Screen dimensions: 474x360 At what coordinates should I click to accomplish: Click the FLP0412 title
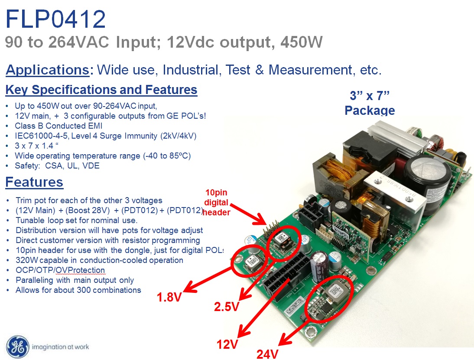coord(55,19)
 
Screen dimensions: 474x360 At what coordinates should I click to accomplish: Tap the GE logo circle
coord(18,347)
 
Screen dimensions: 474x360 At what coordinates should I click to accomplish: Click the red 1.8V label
coord(169,297)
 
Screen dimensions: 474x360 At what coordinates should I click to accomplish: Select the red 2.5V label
coord(227,307)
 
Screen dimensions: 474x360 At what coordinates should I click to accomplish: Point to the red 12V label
coord(227,344)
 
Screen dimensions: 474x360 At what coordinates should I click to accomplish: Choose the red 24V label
coord(267,354)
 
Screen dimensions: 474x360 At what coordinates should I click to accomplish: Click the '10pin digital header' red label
coord(217,202)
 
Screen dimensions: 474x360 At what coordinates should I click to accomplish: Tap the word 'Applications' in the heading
coord(48,70)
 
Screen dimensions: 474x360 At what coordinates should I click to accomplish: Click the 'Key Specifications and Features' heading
coord(101,90)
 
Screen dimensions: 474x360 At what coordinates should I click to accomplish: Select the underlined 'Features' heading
coord(34,182)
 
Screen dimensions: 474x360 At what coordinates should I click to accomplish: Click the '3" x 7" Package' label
coord(370,103)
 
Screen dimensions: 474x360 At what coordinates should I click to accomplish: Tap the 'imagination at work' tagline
coord(61,347)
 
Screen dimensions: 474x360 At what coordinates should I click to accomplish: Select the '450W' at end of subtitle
coord(302,42)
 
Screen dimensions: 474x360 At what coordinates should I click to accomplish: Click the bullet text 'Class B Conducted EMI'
coord(58,126)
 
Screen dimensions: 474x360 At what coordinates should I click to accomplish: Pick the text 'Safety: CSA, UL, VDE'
coord(57,165)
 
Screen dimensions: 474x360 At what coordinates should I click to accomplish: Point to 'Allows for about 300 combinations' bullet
coord(78,290)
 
